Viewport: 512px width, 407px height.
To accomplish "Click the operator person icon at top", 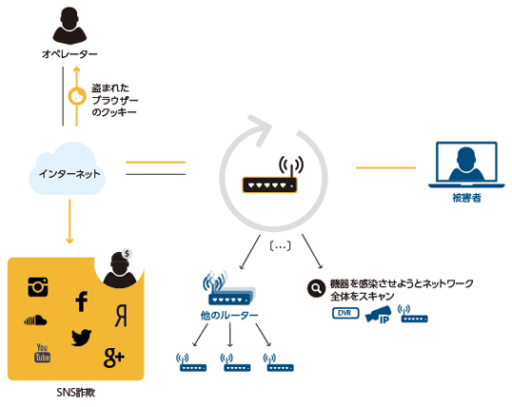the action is [69, 26].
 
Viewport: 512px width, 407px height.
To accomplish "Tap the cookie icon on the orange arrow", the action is [77, 97].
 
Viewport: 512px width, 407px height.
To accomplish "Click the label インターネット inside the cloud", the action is [69, 174].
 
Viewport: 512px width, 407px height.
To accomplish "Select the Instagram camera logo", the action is [38, 287].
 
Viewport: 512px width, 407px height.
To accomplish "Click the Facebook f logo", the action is [81, 301].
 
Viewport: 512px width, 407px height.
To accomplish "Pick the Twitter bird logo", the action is [81, 338].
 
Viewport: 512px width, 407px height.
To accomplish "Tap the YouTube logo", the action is [43, 353].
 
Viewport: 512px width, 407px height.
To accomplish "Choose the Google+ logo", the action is [113, 358].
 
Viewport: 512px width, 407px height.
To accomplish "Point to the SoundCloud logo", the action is [35, 320].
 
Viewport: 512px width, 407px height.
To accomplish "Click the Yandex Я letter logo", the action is [121, 316].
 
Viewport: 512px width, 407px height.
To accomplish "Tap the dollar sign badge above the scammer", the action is [127, 253].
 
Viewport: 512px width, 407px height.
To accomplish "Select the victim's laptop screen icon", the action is [466, 165].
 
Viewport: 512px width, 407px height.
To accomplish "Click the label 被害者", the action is [466, 198].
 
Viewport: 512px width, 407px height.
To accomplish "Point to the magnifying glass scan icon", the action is [316, 288].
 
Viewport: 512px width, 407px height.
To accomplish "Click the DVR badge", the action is [345, 313].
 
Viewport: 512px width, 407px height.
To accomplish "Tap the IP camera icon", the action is [378, 315].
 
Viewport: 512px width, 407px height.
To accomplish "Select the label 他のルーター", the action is [229, 316].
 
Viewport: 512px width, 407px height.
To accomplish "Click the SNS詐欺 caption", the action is [76, 393].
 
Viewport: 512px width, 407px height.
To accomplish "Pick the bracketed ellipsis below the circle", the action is [281, 246].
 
